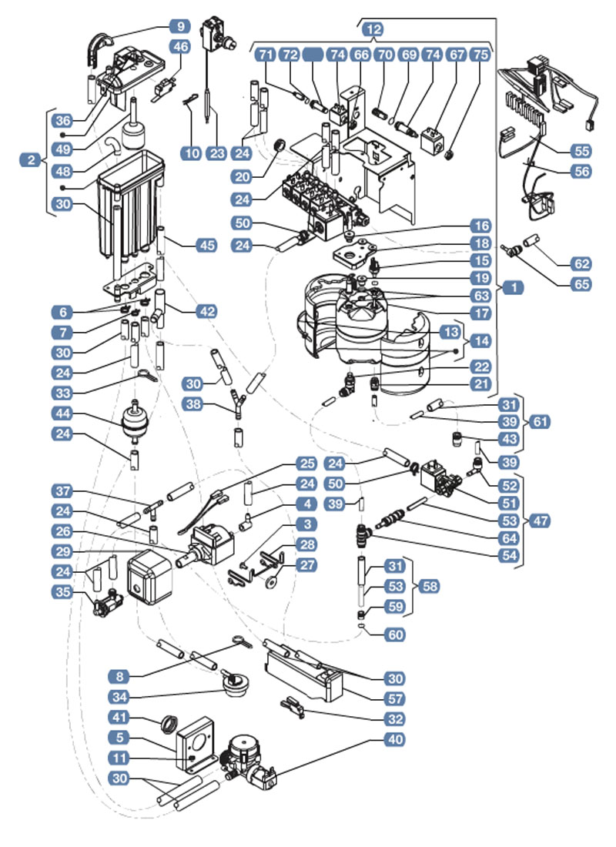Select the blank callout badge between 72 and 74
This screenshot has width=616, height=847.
click(x=313, y=55)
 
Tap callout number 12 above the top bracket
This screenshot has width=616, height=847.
click(x=375, y=28)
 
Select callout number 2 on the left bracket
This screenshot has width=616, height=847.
click(x=30, y=160)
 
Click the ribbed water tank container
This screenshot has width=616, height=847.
click(x=132, y=204)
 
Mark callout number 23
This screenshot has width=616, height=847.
click(x=217, y=152)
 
